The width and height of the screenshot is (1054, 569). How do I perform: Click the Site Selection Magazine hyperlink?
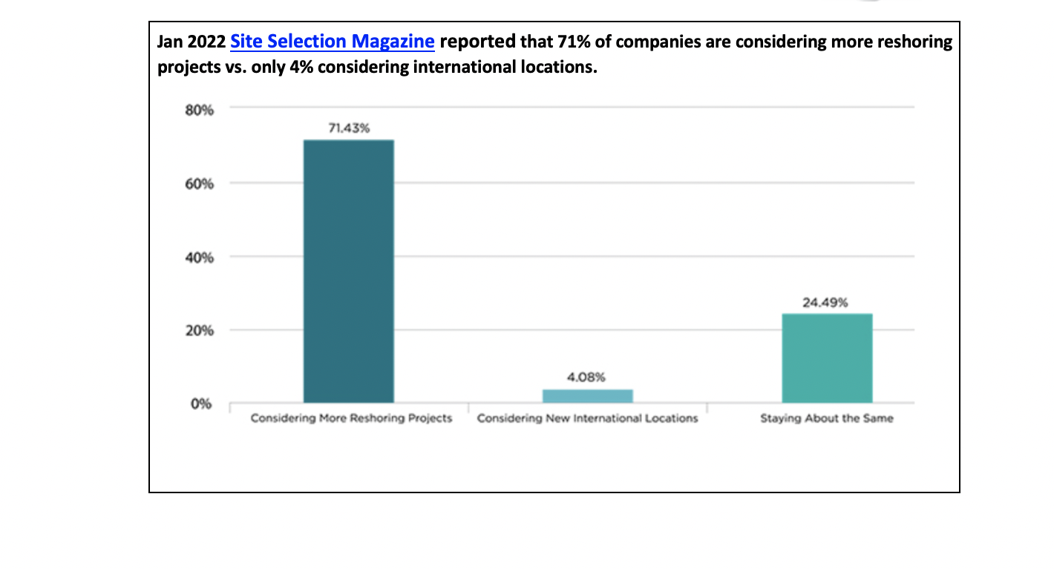tap(332, 42)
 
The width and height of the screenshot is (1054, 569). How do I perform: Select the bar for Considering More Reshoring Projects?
tap(349, 271)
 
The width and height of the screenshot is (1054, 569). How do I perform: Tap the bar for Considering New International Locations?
tap(587, 396)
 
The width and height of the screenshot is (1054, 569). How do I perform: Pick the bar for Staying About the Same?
tap(827, 358)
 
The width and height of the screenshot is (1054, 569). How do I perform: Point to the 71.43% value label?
tap(349, 128)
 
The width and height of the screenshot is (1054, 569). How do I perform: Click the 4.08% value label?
tap(587, 377)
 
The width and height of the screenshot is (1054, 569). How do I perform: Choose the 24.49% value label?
tap(825, 302)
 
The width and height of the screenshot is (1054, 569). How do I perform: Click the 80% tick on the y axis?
tap(200, 110)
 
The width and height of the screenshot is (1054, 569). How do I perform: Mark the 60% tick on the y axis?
tap(200, 184)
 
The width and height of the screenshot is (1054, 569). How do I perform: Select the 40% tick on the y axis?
tap(200, 258)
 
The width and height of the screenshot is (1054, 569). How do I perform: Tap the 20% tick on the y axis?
tap(200, 331)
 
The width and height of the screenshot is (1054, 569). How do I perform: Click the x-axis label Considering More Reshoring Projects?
tap(351, 418)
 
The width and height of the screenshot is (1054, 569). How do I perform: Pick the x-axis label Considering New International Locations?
tap(587, 418)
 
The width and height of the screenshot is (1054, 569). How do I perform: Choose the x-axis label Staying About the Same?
tap(826, 418)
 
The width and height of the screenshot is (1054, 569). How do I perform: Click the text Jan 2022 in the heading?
tap(191, 42)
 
